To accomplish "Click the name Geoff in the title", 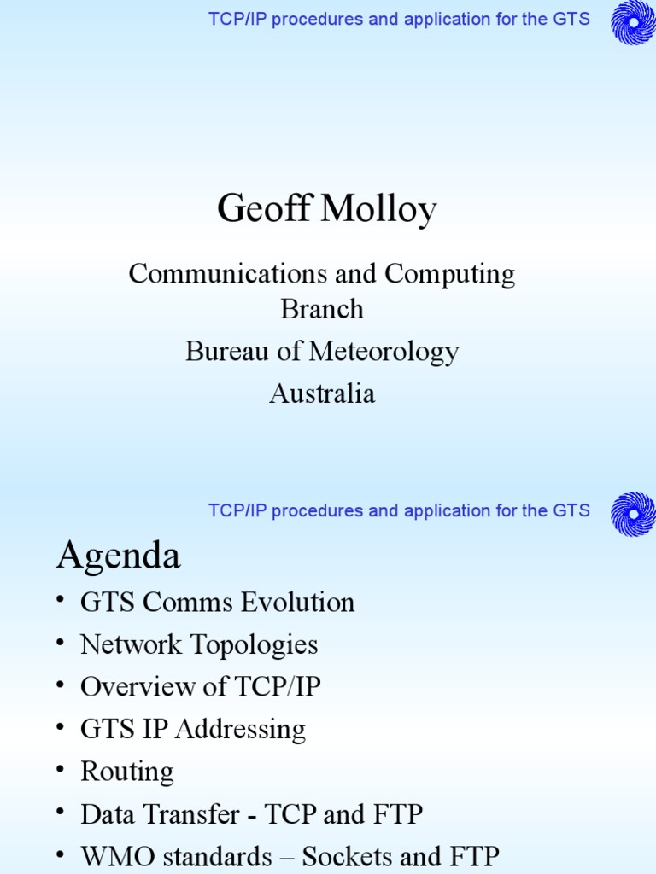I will tap(263, 209).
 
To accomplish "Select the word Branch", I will tap(322, 309).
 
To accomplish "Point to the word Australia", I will tap(322, 393).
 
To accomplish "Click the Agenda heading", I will tap(119, 557).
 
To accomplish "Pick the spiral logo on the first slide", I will tap(633, 22).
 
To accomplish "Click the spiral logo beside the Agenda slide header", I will tap(633, 514).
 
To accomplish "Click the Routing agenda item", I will tap(126, 772).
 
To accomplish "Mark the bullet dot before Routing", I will tap(61, 771).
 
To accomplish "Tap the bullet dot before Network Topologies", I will tap(61, 644).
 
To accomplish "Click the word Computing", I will tap(449, 274).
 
